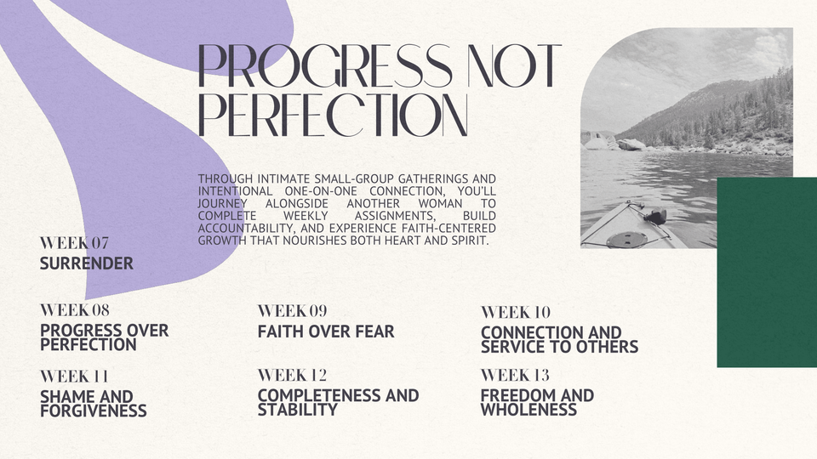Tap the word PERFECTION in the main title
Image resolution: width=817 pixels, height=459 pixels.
click(x=333, y=115)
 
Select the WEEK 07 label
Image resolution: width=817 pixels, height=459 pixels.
click(x=75, y=243)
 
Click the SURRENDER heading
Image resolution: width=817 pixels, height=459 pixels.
click(x=87, y=263)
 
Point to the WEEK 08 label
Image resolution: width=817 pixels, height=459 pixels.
click(x=75, y=310)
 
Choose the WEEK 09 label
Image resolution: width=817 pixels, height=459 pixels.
click(x=292, y=311)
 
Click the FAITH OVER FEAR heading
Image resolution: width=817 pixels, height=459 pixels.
click(x=326, y=331)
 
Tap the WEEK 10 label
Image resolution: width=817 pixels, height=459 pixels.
click(x=516, y=312)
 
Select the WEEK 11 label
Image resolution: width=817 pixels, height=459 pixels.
click(x=75, y=377)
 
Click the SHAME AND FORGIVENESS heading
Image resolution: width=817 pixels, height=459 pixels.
click(x=94, y=404)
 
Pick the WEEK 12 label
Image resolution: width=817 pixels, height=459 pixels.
click(x=292, y=375)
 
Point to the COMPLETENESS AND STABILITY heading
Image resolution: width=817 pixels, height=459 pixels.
click(x=338, y=403)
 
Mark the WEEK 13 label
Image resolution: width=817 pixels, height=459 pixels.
click(x=516, y=375)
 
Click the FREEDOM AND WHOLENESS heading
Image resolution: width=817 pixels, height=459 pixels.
click(x=537, y=403)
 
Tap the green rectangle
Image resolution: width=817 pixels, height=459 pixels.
click(x=767, y=272)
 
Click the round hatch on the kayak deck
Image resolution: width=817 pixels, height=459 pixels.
click(x=627, y=240)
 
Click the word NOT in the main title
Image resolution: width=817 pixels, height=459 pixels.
click(x=515, y=65)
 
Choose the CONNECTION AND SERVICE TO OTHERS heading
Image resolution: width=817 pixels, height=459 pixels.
click(x=560, y=340)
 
